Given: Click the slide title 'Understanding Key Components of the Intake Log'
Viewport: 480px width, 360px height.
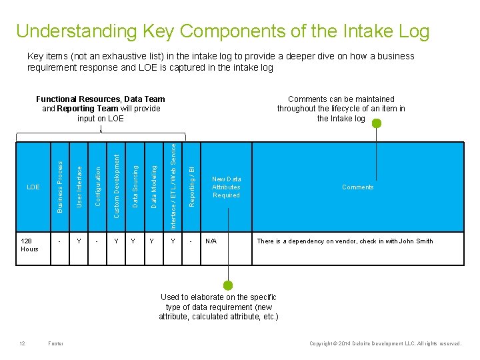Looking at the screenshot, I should [x=223, y=31].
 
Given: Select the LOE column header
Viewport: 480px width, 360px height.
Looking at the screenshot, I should [x=33, y=187].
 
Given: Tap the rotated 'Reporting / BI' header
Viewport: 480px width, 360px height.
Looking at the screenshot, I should [x=191, y=186].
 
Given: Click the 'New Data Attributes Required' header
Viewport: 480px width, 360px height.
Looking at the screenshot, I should [x=226, y=187].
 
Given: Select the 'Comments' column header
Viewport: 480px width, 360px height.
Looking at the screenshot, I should [x=357, y=187].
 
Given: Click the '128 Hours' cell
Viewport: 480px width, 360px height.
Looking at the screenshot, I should [x=30, y=245].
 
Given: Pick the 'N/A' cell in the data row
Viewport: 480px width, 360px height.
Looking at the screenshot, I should [x=211, y=241].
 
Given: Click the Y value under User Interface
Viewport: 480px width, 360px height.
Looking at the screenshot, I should [x=79, y=241].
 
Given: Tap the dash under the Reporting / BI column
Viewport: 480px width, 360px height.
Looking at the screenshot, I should [x=191, y=241].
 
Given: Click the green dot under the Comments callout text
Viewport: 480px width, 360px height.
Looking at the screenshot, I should [x=377, y=123].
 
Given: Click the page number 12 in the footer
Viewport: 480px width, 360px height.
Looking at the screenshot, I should [x=22, y=344].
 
